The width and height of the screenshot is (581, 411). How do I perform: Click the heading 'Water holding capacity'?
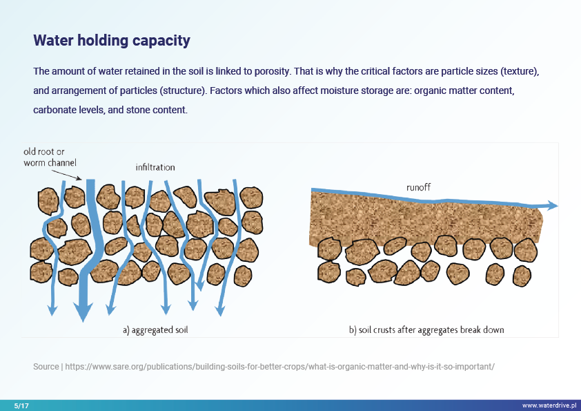[112, 41]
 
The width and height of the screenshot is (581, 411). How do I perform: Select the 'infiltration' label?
[155, 167]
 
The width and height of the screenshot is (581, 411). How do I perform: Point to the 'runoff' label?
[418, 187]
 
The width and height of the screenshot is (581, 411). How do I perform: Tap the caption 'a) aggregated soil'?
[155, 330]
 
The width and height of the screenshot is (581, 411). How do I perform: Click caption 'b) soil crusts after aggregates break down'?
[426, 330]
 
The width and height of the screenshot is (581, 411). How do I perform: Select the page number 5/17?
[21, 405]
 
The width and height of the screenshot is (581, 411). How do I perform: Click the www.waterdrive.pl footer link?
[549, 405]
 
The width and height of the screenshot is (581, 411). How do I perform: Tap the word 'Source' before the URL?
[46, 367]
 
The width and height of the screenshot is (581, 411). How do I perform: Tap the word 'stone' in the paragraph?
[138, 110]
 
